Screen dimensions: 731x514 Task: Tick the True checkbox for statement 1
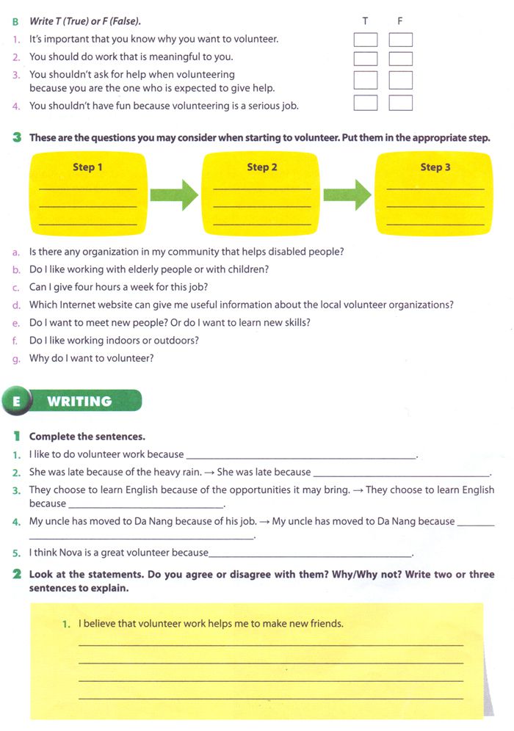point(366,40)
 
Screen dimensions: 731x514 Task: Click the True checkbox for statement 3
point(366,80)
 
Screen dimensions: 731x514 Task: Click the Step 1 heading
point(87,167)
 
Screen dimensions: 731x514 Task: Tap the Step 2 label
point(262,167)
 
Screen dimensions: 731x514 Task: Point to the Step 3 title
point(435,167)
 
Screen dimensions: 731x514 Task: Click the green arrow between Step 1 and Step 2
point(174,195)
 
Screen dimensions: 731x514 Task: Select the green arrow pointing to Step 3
point(347,195)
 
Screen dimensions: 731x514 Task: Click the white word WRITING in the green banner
point(79,401)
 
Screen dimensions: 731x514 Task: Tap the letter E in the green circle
point(15,401)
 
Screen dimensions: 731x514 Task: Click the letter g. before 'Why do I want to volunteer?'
point(15,359)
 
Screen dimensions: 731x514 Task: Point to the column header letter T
point(366,21)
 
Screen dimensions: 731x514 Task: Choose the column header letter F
point(400,21)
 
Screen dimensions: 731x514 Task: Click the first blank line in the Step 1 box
point(87,189)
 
